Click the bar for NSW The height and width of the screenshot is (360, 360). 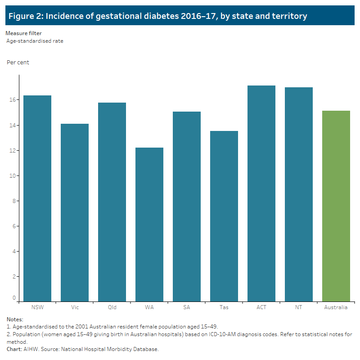click(37, 198)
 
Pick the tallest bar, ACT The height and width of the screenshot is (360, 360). click(261, 193)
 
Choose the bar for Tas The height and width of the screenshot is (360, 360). click(224, 216)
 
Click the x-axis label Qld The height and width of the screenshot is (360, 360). click(112, 307)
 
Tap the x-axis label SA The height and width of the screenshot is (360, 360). click(187, 307)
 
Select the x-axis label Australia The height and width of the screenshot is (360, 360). click(336, 307)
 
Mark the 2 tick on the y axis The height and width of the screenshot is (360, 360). click(14, 276)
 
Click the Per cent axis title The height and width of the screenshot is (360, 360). click(18, 63)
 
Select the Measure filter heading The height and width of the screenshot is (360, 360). click(23, 33)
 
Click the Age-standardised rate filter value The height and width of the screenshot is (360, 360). click(35, 41)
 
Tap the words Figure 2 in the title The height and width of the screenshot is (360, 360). click(27, 16)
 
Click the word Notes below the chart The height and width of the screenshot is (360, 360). click(15, 319)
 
